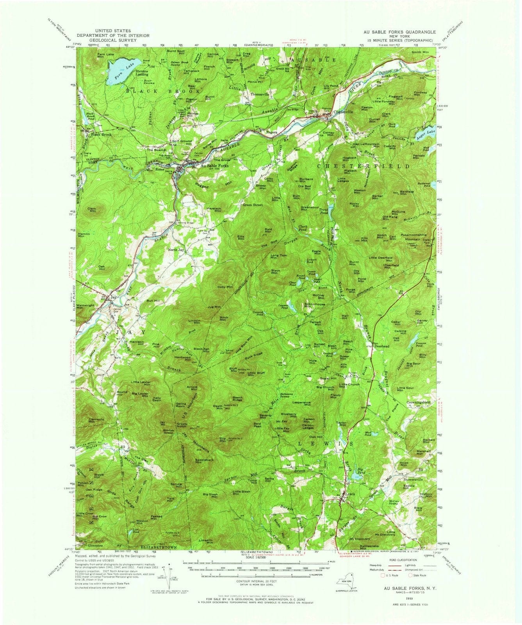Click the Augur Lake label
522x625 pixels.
click(x=427, y=132)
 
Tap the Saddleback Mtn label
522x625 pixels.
click(x=204, y=461)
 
